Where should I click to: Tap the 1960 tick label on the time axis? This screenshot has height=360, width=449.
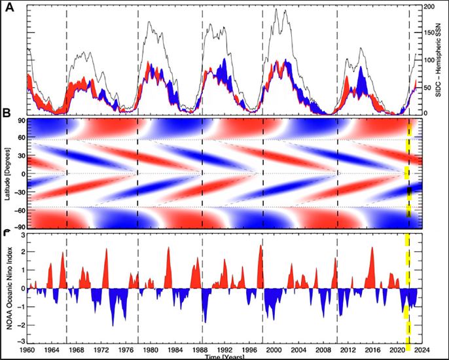[x=27, y=351]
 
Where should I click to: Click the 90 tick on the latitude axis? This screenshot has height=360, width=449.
[x=20, y=121]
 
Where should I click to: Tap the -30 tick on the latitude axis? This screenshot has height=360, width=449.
[x=18, y=193]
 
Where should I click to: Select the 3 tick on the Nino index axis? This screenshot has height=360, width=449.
[x=21, y=235]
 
